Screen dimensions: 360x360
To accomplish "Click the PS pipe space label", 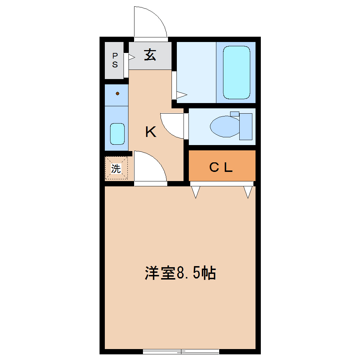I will click(x=115, y=60).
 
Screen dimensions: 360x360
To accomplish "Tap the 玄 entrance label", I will click(x=150, y=55).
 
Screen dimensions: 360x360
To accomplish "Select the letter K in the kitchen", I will click(x=151, y=132).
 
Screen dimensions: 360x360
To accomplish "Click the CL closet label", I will click(x=221, y=168).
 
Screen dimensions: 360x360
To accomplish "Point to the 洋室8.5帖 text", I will click(x=180, y=273).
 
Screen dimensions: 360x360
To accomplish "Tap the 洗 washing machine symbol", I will click(x=116, y=169).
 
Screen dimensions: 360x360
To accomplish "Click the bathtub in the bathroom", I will click(x=236, y=72).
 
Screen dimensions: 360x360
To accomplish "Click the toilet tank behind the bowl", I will click(x=246, y=126).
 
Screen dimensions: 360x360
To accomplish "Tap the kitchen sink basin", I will click(x=117, y=134).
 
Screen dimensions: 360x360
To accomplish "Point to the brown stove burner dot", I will click(x=118, y=94).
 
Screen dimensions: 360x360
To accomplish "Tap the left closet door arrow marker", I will click(x=196, y=192).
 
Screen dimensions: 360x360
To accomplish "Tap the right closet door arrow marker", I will click(x=248, y=192).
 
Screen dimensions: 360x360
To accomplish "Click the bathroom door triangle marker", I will click(x=181, y=94).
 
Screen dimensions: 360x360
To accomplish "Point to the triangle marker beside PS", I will click(x=132, y=57).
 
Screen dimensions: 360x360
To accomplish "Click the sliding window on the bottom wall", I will click(x=181, y=351).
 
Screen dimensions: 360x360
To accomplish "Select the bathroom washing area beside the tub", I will click(x=196, y=72).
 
